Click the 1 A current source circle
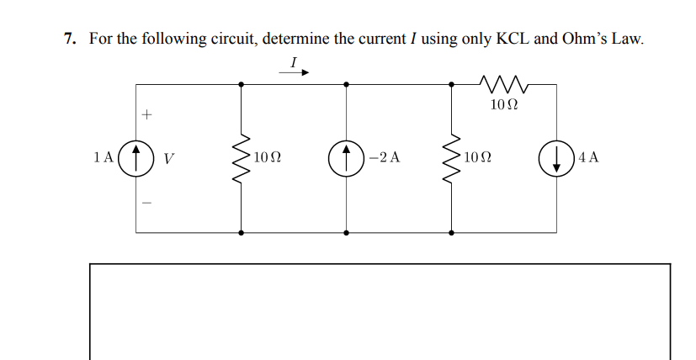coord(136,157)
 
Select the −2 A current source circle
coord(347,157)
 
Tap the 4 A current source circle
coord(556,157)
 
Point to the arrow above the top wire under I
coord(295,72)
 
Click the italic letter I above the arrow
coord(293,61)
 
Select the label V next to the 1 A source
coord(168,157)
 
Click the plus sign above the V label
coord(146,113)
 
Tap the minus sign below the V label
coord(146,203)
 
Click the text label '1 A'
coord(104,157)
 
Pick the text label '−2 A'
coord(385,157)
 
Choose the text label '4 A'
coord(588,157)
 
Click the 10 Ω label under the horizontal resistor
coord(503,105)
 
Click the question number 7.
coord(69,39)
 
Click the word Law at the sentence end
coord(630,39)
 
